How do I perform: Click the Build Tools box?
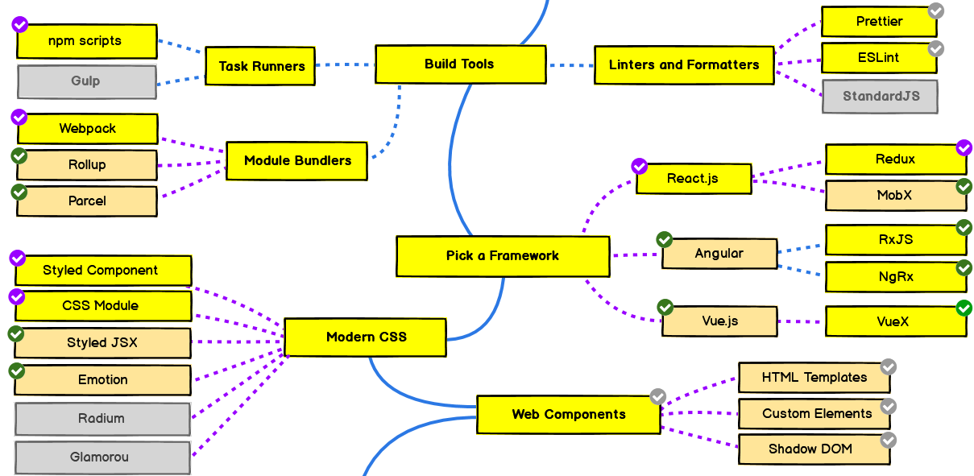tap(460, 64)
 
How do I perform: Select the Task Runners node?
tap(261, 66)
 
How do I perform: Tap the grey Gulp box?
tap(86, 81)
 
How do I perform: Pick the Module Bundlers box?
tap(297, 160)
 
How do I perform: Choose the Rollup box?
tap(87, 165)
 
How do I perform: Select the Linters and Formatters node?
tap(683, 65)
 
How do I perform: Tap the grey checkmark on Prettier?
tap(935, 10)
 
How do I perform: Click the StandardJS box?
tap(881, 97)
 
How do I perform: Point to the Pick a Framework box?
tap(502, 256)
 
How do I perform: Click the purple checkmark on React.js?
tap(639, 167)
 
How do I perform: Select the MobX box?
tap(895, 196)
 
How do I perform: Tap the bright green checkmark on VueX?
tap(964, 308)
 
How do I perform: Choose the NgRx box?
tap(895, 277)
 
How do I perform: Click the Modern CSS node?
tap(366, 337)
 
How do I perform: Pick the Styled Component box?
tap(101, 271)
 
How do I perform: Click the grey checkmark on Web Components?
tap(658, 396)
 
